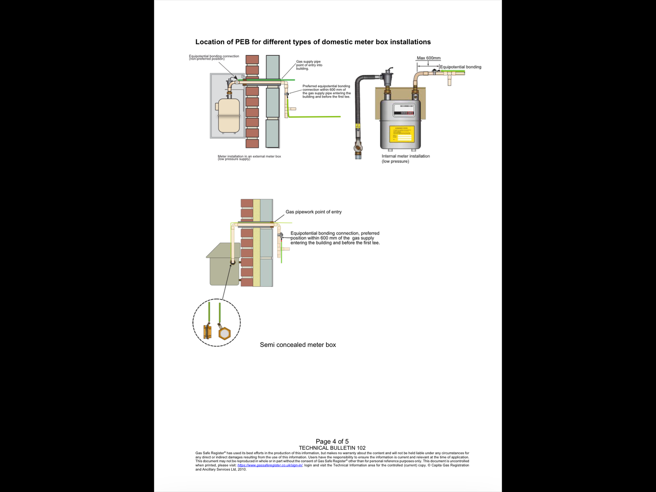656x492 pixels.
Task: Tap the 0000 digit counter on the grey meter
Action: (403, 113)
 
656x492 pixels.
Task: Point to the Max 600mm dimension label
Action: (428, 58)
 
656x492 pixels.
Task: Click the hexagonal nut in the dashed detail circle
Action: (224, 333)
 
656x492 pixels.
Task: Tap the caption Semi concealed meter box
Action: (298, 345)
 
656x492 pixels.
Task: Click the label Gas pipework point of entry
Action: (313, 212)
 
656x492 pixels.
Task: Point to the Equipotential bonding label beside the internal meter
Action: (460, 67)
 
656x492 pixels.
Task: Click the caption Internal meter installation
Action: (405, 156)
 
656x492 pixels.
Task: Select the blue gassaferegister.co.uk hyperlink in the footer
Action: (270, 465)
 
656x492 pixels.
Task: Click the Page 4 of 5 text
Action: (332, 442)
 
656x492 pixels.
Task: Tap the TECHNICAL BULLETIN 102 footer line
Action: (332, 448)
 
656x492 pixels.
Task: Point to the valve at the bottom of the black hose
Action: (358, 148)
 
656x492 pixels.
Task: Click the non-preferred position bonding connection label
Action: (214, 57)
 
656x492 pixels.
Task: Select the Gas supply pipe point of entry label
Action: (309, 65)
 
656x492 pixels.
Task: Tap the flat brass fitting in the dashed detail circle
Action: (207, 332)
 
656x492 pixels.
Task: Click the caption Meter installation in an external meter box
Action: (249, 157)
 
